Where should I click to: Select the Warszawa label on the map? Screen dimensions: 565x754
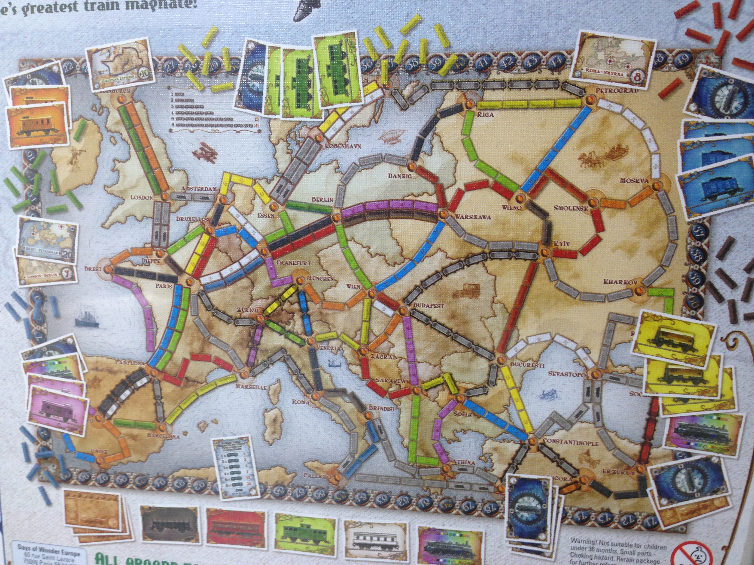pos(469,216)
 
